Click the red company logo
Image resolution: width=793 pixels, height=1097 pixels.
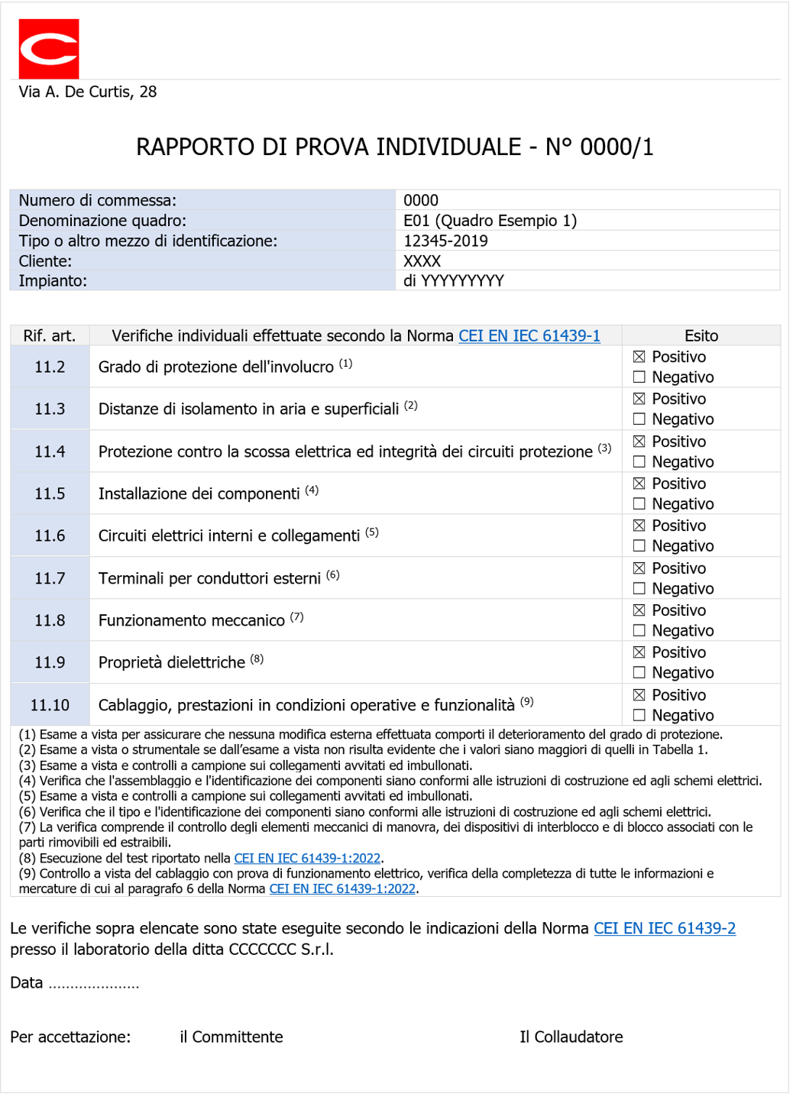(x=49, y=49)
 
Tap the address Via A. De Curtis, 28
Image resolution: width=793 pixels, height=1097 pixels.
(x=88, y=92)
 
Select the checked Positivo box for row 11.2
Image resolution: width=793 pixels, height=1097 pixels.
(x=639, y=357)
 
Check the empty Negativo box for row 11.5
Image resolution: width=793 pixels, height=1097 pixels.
(x=639, y=504)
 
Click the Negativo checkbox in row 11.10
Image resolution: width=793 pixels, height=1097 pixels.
(x=639, y=716)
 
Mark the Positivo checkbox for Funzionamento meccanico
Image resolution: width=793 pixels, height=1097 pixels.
(x=639, y=610)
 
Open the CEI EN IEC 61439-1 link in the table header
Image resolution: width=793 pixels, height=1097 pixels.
(x=529, y=336)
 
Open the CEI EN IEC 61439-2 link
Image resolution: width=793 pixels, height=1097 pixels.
(x=665, y=929)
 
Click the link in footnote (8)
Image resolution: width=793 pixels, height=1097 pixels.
(x=307, y=859)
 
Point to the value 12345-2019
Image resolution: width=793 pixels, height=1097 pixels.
(x=445, y=241)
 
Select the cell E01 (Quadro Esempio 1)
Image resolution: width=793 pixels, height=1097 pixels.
(x=490, y=221)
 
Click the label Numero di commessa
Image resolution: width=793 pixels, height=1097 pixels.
(x=97, y=201)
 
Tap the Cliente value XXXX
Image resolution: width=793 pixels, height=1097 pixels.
(x=422, y=261)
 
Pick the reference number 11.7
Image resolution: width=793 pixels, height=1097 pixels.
(x=50, y=579)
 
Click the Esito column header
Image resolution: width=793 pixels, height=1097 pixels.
(x=701, y=336)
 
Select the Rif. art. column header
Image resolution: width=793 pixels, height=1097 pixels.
(x=50, y=336)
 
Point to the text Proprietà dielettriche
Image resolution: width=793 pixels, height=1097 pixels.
(x=172, y=663)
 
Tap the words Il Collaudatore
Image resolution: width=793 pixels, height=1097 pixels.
(x=571, y=1037)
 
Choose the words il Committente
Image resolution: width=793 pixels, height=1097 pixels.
(x=231, y=1037)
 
